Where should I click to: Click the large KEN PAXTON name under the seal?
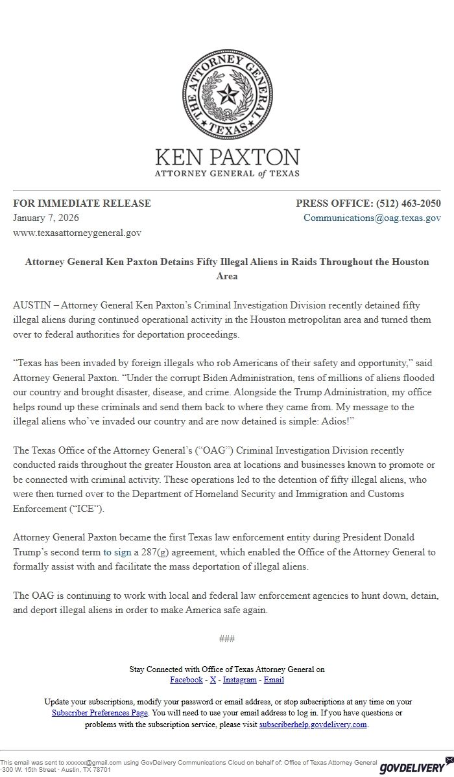click(x=227, y=157)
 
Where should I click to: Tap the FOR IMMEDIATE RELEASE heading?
click(x=82, y=203)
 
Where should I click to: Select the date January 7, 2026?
click(x=46, y=218)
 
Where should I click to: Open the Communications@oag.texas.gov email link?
click(x=372, y=218)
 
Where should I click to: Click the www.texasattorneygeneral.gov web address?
click(x=77, y=232)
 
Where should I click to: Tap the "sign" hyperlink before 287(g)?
click(x=123, y=552)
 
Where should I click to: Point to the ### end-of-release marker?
click(x=226, y=639)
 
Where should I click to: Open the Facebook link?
click(x=186, y=680)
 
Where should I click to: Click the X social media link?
click(x=213, y=680)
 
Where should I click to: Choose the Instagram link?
click(x=240, y=680)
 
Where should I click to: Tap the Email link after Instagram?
click(x=274, y=680)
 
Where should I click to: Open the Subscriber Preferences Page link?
click(x=100, y=713)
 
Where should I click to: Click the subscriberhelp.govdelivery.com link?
click(x=313, y=725)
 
